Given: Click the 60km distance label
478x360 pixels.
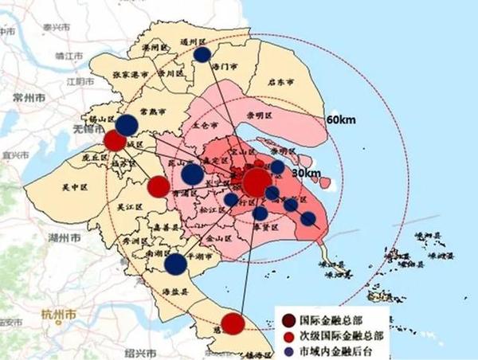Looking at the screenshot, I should click(340, 120).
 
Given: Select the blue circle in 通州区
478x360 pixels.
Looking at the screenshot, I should click(202, 54).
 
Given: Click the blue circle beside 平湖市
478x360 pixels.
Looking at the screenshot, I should click(175, 264).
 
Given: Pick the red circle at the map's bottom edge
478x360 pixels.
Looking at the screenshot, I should click(232, 323).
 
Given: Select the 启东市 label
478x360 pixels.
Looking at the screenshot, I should click(280, 82).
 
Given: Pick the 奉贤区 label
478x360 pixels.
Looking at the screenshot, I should click(265, 226).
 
